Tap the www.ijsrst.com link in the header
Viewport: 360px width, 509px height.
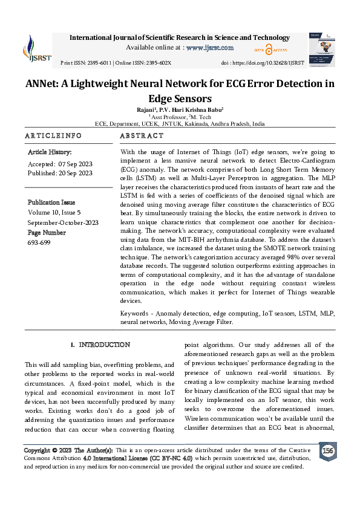tap(209, 47)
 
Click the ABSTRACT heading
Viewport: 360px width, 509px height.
tap(142, 136)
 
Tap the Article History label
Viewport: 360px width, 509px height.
tap(50, 152)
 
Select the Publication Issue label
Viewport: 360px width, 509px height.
tap(51, 203)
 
